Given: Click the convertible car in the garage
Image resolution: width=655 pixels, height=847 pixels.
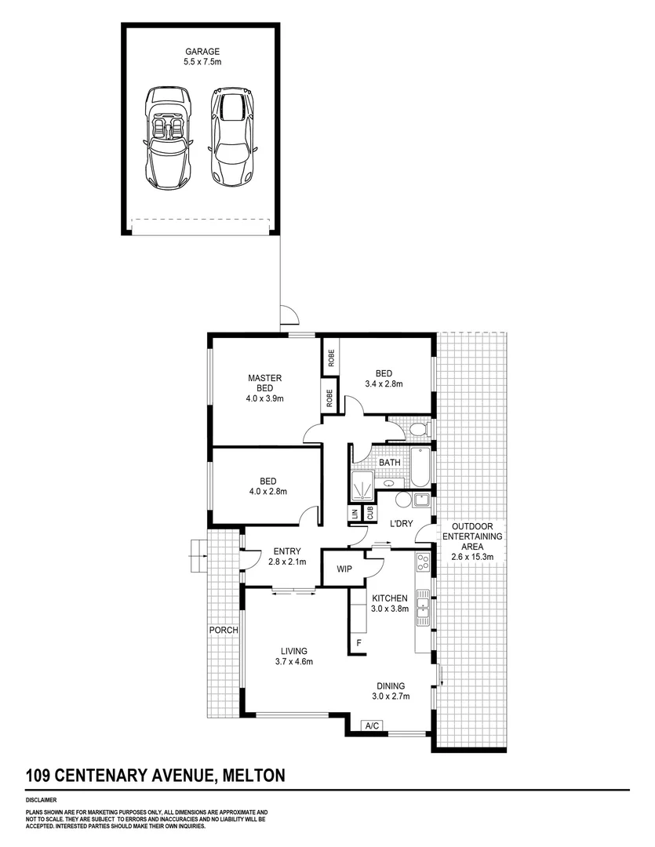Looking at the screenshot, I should pos(167,137).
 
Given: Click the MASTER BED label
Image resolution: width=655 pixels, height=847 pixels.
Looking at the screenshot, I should pos(264,383).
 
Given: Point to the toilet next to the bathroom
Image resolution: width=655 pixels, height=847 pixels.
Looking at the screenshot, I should pos(419,428).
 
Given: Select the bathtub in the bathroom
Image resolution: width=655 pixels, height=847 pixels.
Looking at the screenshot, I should pos(421,464).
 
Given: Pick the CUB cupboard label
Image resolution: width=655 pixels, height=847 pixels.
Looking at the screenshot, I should pos(369,513).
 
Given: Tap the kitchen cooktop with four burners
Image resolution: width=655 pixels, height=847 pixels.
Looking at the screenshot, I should pos(422,562).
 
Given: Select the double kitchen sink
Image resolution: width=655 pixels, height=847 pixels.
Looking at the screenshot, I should pos(423,604).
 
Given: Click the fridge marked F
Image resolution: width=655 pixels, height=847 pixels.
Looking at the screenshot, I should pos(358,643).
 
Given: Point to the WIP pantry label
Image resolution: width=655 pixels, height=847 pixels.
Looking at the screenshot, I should pos(343,569).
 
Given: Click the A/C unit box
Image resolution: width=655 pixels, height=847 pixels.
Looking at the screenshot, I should pos(373,726).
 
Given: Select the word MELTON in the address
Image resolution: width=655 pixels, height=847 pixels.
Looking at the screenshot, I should pos(253,776).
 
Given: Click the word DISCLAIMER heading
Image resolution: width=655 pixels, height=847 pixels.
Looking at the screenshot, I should pos(41,802).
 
